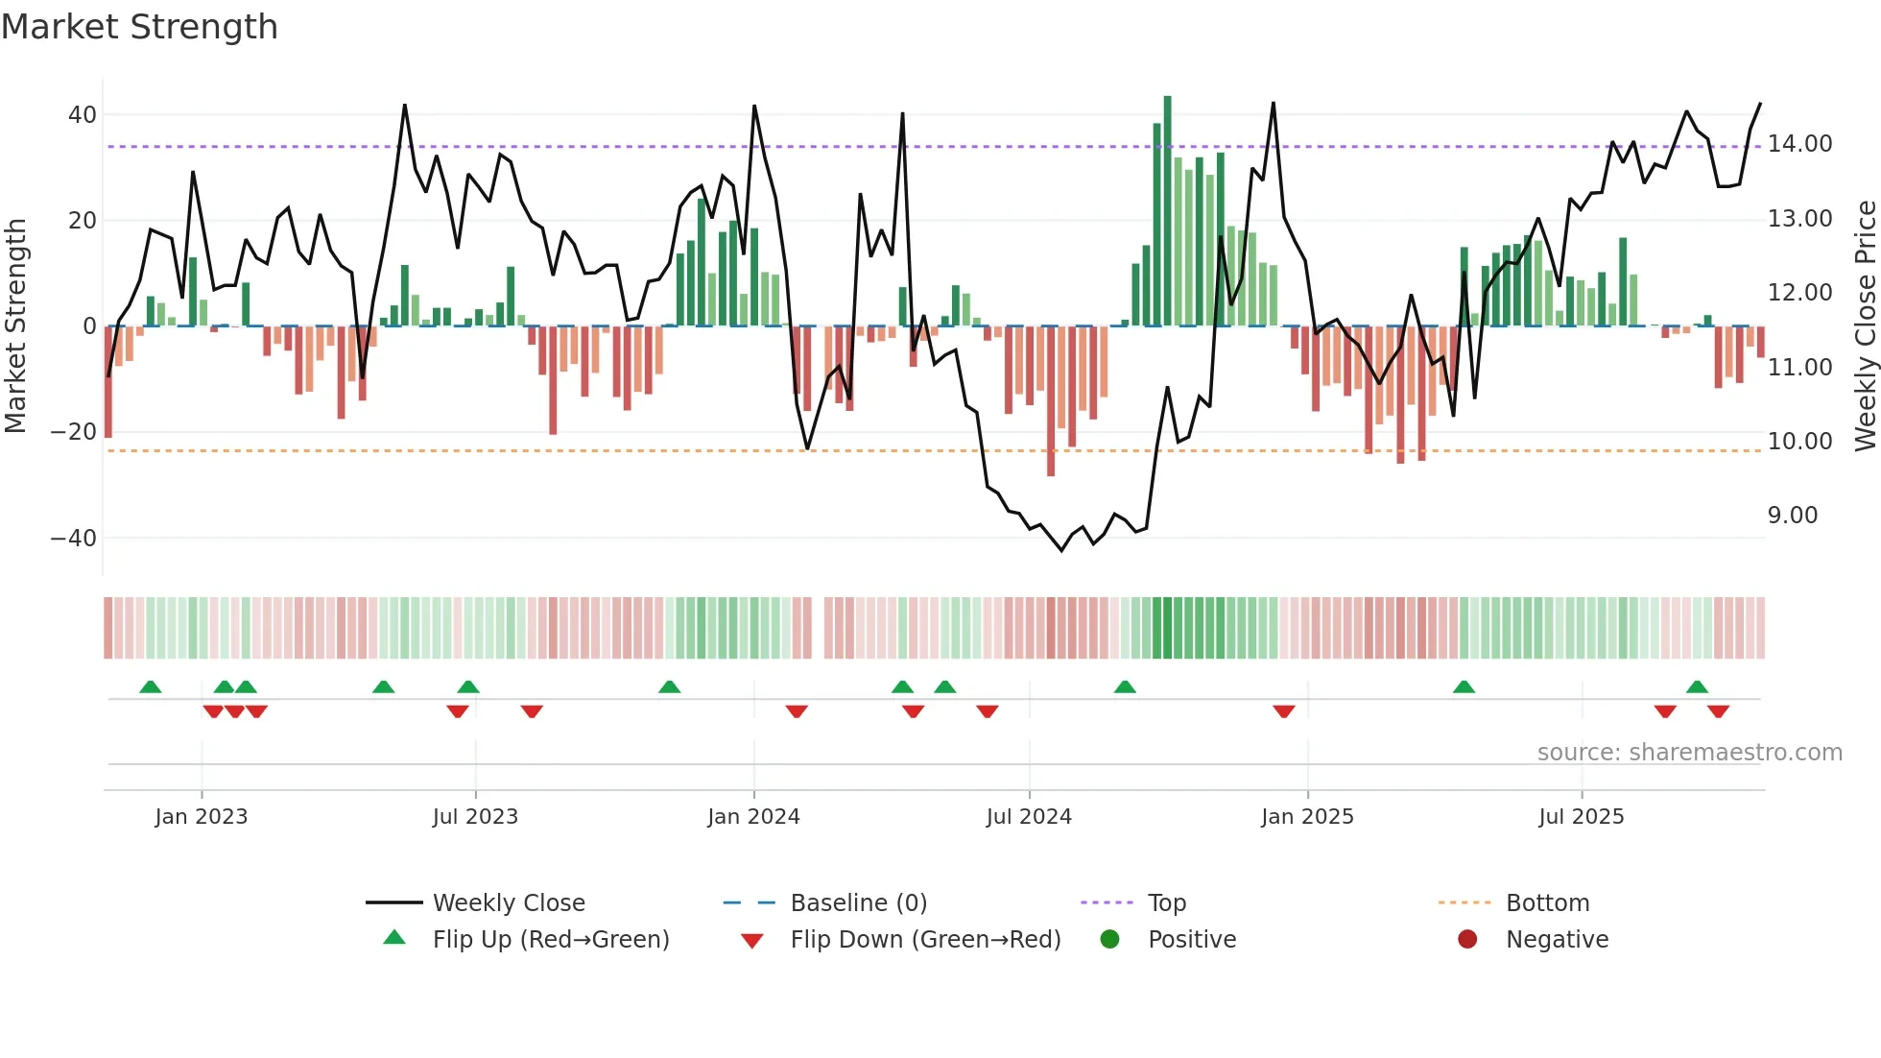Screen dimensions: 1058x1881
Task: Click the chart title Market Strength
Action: (139, 27)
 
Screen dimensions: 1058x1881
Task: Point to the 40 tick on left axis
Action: (82, 115)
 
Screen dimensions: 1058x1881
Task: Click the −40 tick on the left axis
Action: (73, 539)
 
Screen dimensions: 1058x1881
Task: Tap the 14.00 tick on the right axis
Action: (1799, 144)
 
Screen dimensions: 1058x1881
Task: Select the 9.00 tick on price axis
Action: (1792, 516)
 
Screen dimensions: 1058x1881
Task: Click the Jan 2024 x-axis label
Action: (753, 817)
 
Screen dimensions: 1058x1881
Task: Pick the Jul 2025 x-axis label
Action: (1581, 817)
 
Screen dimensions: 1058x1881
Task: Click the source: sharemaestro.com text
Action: (1689, 753)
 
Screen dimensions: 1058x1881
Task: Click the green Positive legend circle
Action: (1110, 940)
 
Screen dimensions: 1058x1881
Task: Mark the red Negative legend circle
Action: (1467, 940)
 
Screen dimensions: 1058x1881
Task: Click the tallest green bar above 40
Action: (1167, 211)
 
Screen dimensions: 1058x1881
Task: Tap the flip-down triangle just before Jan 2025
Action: (1284, 711)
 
